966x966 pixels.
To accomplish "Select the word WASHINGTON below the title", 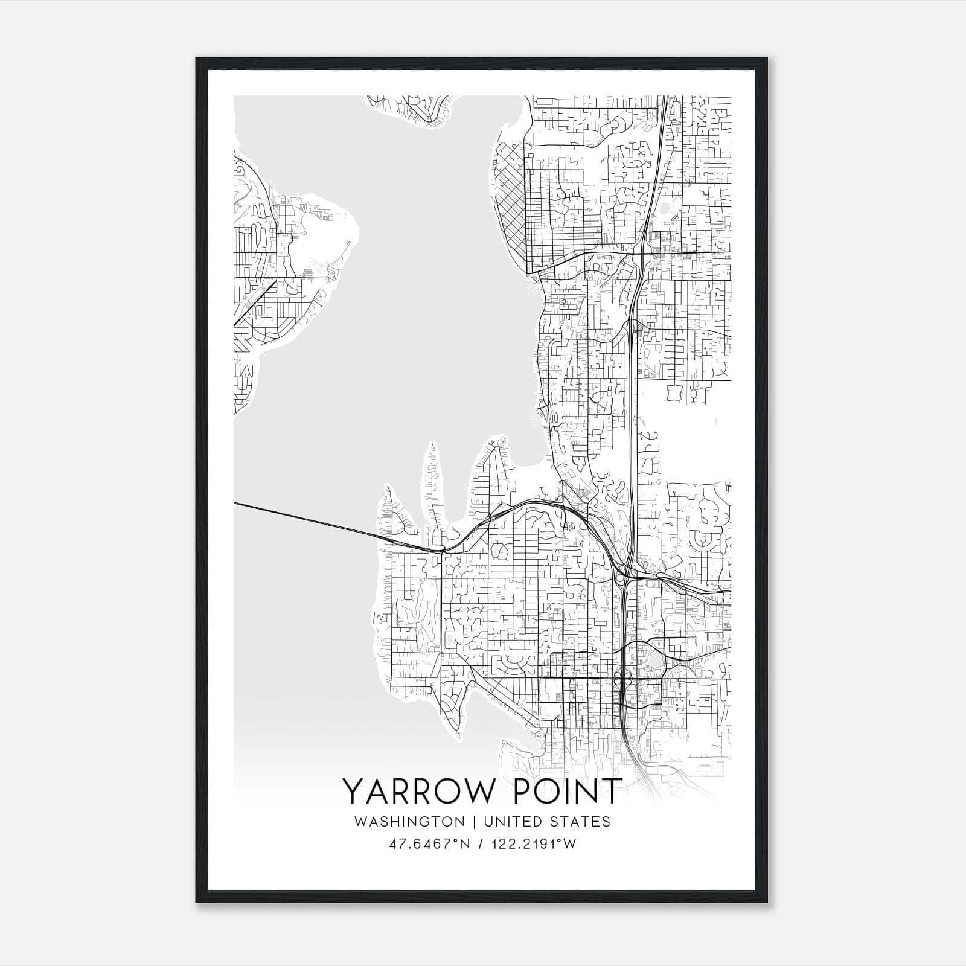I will [x=409, y=822].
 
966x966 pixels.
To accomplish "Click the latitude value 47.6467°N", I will [x=429, y=844].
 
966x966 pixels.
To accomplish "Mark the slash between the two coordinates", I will [x=479, y=844].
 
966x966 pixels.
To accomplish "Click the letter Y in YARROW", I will [x=353, y=790].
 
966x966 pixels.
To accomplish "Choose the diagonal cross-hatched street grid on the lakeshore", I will [x=510, y=193].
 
